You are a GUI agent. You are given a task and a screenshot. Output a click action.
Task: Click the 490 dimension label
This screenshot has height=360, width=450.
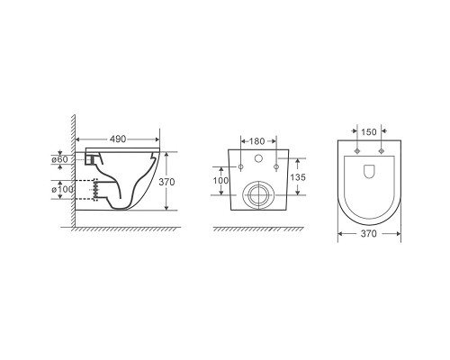(118, 139)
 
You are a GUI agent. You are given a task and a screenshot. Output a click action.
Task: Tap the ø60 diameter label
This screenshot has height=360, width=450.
(60, 159)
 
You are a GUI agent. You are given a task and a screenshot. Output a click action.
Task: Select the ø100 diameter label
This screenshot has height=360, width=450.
(62, 190)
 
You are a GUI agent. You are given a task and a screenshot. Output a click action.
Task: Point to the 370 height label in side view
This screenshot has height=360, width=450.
(166, 182)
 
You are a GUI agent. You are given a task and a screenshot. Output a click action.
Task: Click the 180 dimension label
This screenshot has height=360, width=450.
(257, 141)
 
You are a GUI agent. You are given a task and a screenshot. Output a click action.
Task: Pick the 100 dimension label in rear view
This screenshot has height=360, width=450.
(220, 181)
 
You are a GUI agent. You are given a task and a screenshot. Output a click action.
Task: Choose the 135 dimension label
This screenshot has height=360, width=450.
(298, 177)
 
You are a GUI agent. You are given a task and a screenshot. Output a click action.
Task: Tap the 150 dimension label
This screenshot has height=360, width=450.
(368, 131)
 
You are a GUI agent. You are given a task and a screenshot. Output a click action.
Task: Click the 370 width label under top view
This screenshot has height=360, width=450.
(368, 233)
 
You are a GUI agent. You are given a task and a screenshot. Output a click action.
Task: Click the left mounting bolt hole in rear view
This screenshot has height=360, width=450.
(240, 166)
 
